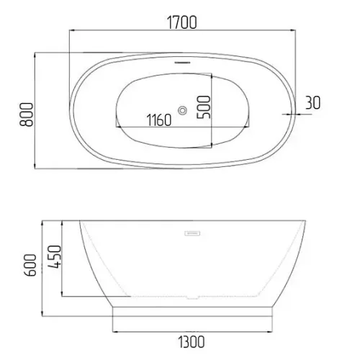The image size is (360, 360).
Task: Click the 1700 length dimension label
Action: (x=181, y=22)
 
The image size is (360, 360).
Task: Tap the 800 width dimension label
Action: (x=26, y=114)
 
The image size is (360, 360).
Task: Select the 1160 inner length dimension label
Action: (x=159, y=120)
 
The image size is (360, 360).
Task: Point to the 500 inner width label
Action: (x=204, y=107)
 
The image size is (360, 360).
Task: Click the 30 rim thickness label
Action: (x=312, y=103)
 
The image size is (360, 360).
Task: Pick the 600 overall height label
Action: (x=31, y=265)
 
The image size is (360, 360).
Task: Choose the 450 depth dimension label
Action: (x=55, y=256)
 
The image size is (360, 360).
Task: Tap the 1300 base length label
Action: (x=192, y=342)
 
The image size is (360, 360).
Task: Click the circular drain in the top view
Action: (x=182, y=111)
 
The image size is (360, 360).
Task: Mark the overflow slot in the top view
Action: (x=182, y=63)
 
